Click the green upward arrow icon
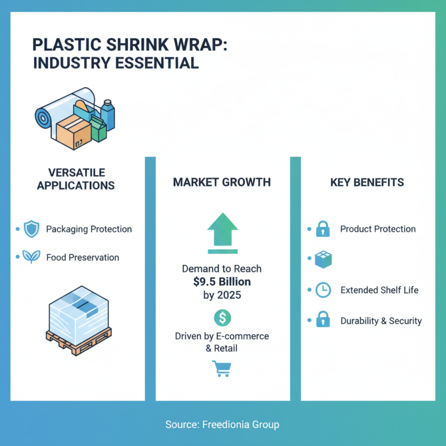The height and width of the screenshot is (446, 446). click(222, 229)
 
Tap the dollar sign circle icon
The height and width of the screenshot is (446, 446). click(222, 318)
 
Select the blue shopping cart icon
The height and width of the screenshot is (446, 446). click(221, 369)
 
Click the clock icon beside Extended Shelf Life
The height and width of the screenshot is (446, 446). click(323, 290)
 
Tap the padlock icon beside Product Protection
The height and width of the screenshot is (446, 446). click(323, 229)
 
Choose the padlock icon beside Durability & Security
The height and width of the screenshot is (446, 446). click(323, 320)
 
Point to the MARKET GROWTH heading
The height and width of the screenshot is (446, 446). click(222, 182)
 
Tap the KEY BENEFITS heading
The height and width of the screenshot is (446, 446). click(367, 182)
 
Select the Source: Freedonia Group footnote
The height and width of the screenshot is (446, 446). click(222, 425)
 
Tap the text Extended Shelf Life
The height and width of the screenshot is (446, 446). click(379, 290)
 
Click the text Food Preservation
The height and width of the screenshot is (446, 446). click(83, 258)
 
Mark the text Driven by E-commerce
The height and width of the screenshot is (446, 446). click(222, 336)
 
